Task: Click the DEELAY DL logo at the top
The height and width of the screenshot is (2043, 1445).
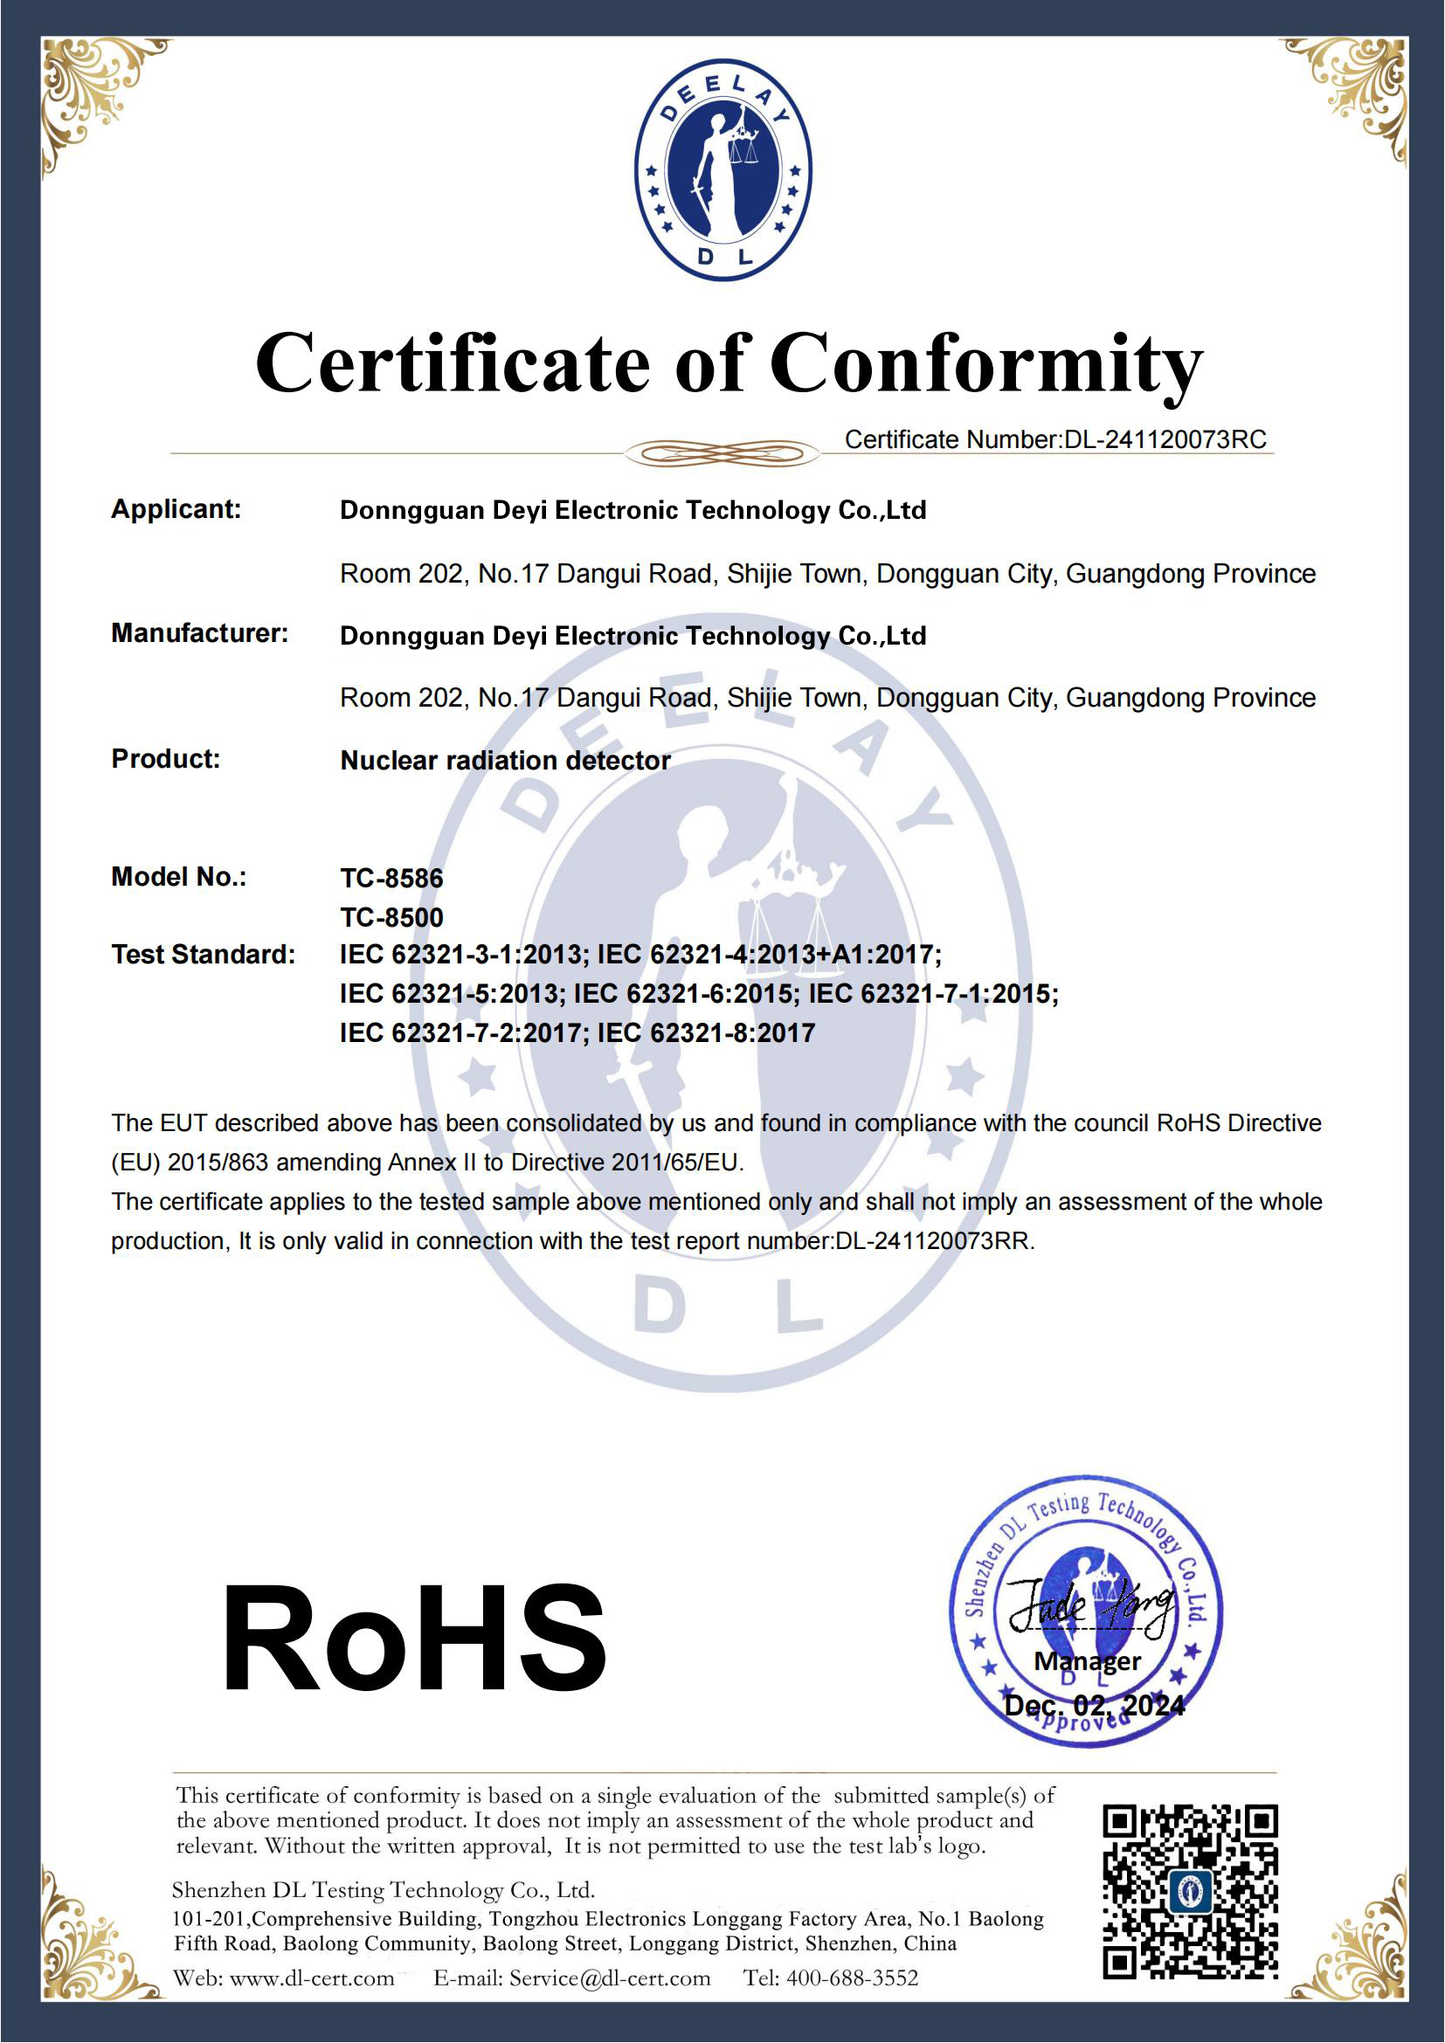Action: pyautogui.click(x=722, y=170)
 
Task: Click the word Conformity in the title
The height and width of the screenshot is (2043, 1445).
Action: pyautogui.click(x=985, y=364)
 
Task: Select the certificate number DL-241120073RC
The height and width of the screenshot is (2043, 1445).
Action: pyautogui.click(x=1165, y=439)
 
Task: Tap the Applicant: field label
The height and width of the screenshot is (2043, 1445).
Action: pyautogui.click(x=176, y=509)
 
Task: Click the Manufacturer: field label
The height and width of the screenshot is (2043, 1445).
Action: pyautogui.click(x=199, y=632)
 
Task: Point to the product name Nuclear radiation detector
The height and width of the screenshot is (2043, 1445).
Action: pyautogui.click(x=505, y=760)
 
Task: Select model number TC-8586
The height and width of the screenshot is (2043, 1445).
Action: pyautogui.click(x=391, y=877)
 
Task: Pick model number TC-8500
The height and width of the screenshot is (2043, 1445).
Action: pyautogui.click(x=391, y=916)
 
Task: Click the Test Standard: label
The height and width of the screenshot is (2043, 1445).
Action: pyautogui.click(x=203, y=954)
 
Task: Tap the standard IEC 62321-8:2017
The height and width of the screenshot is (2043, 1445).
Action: pyautogui.click(x=707, y=1032)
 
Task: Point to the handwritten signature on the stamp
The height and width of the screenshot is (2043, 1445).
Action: pyautogui.click(x=1090, y=1606)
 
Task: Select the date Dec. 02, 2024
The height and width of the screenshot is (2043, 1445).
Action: pyautogui.click(x=1095, y=1706)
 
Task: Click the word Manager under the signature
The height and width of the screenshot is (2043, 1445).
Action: pyautogui.click(x=1088, y=1661)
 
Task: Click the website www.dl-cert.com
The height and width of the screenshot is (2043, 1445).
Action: pyautogui.click(x=311, y=1978)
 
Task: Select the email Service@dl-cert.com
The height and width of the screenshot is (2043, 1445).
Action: pyautogui.click(x=610, y=1978)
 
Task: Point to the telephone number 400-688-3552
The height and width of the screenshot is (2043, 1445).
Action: pyautogui.click(x=852, y=1978)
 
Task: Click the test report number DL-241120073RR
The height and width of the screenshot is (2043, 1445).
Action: pyautogui.click(x=933, y=1240)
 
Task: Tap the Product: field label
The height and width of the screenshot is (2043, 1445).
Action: pyautogui.click(x=165, y=758)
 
